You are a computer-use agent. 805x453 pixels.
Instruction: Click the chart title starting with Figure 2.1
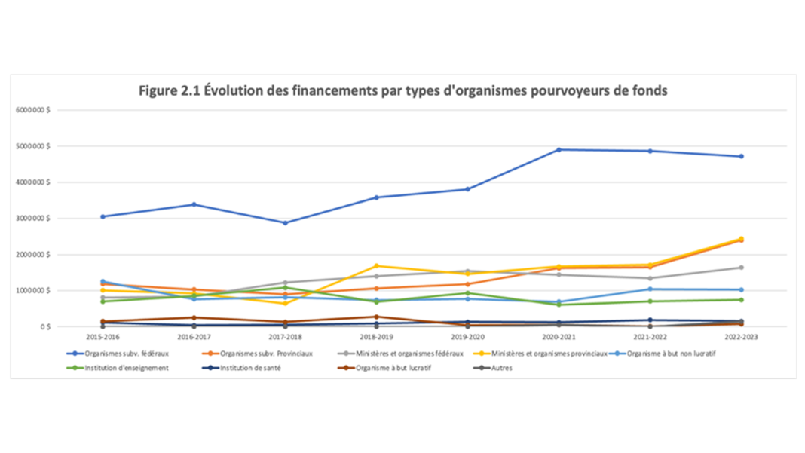(x=403, y=91)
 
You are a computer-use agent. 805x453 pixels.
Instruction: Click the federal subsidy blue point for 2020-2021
(x=559, y=149)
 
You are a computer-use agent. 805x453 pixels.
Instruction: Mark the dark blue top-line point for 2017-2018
(x=285, y=222)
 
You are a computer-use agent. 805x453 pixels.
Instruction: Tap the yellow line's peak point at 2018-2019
(x=376, y=266)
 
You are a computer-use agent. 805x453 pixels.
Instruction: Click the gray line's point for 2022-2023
(x=741, y=268)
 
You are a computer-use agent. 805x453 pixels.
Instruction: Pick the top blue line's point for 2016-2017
(x=194, y=204)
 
